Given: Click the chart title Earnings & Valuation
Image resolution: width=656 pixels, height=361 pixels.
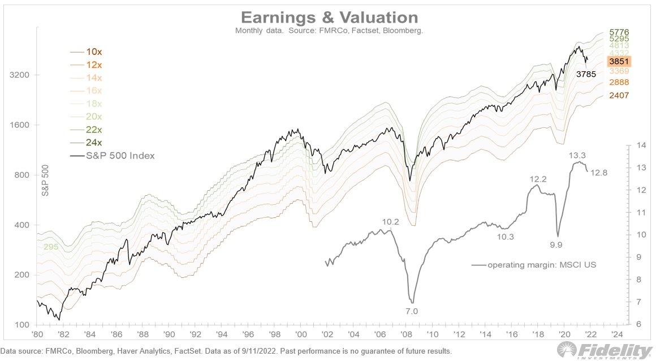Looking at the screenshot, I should coord(330,16).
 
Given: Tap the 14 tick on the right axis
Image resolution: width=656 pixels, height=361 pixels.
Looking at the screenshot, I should coord(640,145).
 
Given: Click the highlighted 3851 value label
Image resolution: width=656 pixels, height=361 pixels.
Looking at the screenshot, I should coord(619,62).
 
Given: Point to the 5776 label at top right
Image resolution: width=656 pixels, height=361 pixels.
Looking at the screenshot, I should coord(619,32).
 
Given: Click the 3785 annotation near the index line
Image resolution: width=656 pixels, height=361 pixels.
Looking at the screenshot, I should coord(586,74).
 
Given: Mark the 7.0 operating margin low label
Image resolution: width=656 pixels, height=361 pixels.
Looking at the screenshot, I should coord(411,311).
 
